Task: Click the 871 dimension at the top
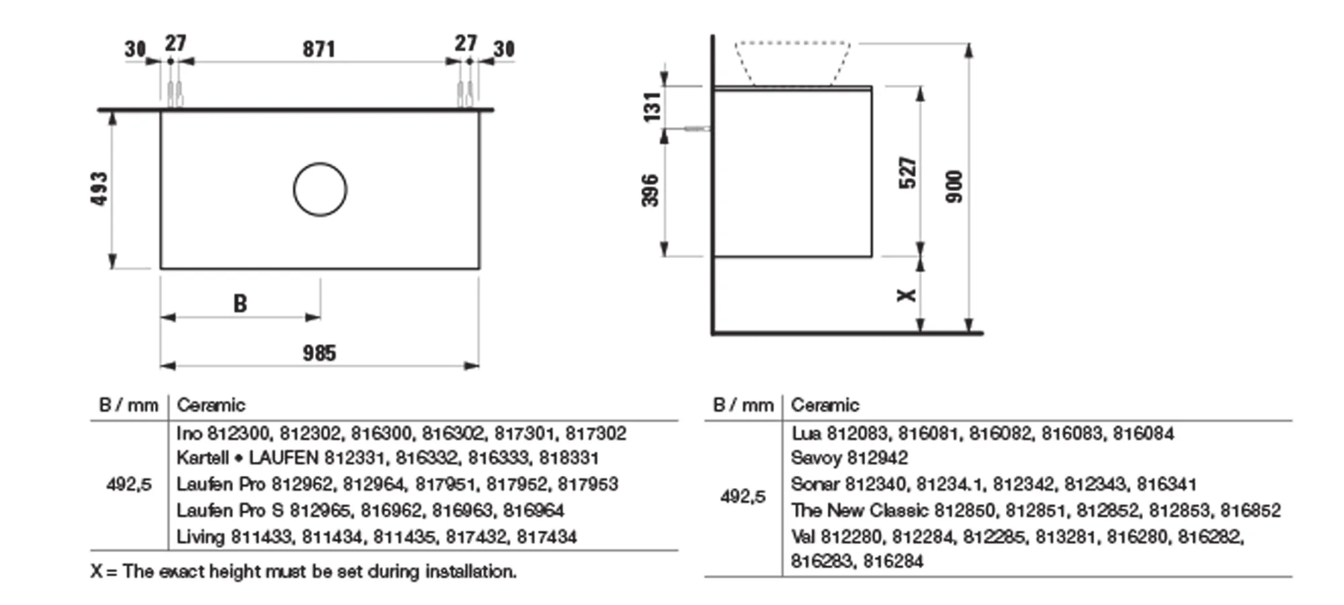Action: [x=319, y=49]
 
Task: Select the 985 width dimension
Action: [x=319, y=353]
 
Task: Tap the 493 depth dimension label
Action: [x=99, y=189]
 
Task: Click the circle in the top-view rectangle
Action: [x=320, y=190]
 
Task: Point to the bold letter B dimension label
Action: [x=240, y=304]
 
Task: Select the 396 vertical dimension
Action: [x=650, y=190]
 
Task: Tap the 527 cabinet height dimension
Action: [x=907, y=173]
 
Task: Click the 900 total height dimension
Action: [x=954, y=187]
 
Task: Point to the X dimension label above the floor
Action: [x=907, y=295]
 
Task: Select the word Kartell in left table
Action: [x=202, y=458]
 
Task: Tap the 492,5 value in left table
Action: [x=129, y=484]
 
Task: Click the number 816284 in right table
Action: [x=893, y=561]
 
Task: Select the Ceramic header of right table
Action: [x=825, y=405]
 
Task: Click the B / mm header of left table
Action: [x=128, y=405]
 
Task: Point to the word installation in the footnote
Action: [x=470, y=571]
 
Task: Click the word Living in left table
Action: [x=200, y=536]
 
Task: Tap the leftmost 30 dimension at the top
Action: [x=135, y=49]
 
